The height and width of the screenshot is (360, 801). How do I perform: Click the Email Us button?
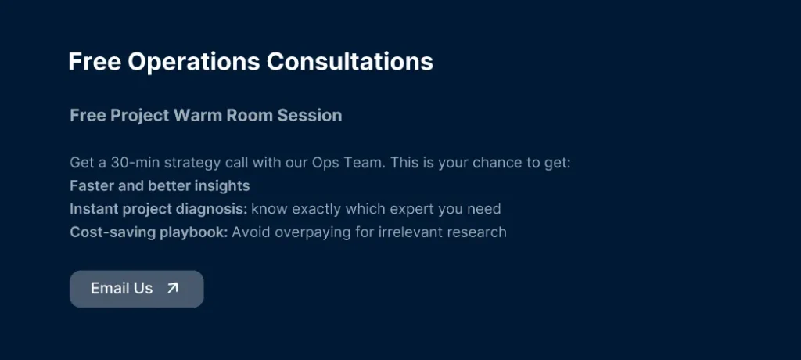[136, 289]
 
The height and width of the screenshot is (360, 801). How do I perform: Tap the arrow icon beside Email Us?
[173, 288]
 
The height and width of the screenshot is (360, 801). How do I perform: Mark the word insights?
[221, 186]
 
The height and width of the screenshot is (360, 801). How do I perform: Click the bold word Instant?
[94, 210]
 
